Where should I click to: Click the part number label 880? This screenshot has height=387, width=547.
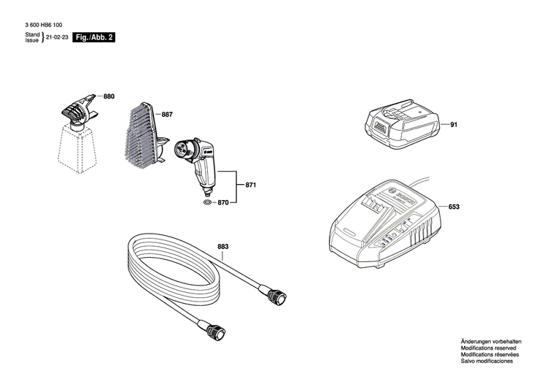109,96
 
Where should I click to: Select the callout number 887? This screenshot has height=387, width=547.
167,115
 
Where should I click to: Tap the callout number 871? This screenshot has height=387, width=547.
250,185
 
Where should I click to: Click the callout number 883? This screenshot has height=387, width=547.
223,246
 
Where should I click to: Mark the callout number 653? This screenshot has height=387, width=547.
454,207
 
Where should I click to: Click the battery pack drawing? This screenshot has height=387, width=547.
402,126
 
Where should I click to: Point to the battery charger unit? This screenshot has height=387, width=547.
383,219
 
